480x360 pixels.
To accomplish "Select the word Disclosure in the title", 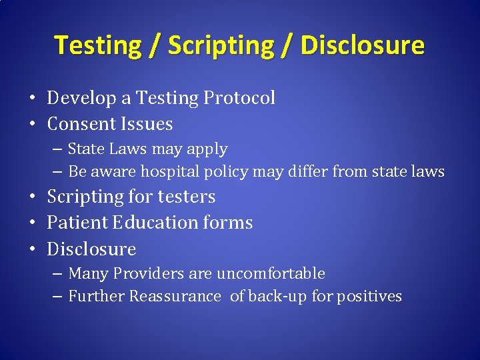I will pyautogui.click(x=362, y=46).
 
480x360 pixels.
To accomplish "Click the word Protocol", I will pyautogui.click(x=239, y=98).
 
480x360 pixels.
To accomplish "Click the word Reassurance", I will pyautogui.click(x=175, y=296).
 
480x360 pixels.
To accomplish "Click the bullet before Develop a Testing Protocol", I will pyautogui.click(x=33, y=99).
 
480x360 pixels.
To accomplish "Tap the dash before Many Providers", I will pyautogui.click(x=57, y=274).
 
